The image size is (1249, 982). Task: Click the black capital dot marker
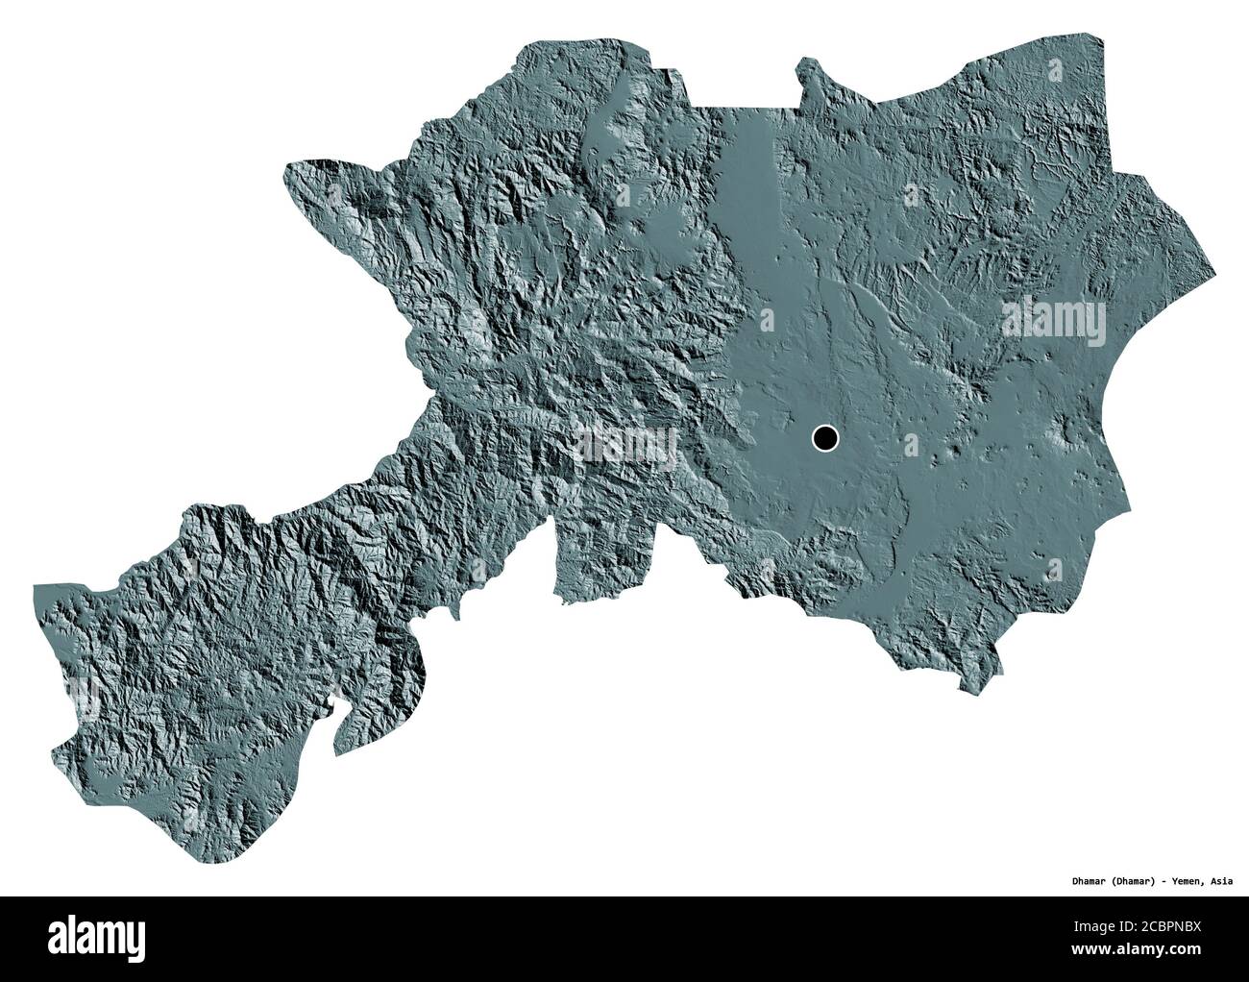[x=824, y=439]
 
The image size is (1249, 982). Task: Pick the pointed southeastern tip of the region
[x=962, y=688]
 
